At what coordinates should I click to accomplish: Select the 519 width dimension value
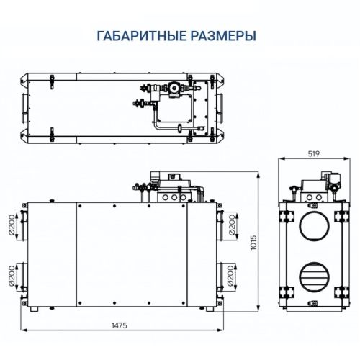pyautogui.click(x=312, y=154)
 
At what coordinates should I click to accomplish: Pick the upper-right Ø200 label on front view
pyautogui.click(x=232, y=225)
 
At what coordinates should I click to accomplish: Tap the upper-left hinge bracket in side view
pyautogui.click(x=287, y=215)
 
